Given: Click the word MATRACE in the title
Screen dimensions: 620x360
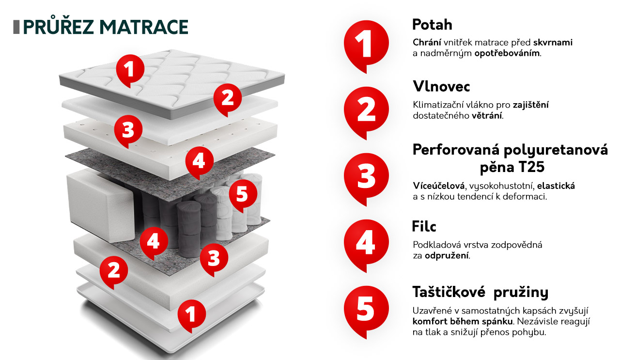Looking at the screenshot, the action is click(x=144, y=27).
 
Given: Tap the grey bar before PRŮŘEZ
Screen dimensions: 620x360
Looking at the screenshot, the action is click(x=16, y=27).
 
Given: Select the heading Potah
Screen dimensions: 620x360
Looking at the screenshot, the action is click(x=432, y=25).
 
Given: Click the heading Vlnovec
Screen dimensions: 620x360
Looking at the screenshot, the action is click(x=441, y=86).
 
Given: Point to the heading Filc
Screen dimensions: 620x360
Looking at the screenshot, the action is click(x=424, y=226).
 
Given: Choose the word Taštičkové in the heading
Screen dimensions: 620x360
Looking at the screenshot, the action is click(x=449, y=292).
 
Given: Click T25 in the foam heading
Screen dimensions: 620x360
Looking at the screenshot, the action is click(x=531, y=167).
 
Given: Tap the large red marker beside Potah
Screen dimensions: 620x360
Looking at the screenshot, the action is click(x=366, y=46).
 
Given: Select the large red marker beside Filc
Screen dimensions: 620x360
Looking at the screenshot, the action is click(x=366, y=246).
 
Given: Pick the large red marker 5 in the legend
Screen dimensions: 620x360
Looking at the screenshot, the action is click(x=366, y=312).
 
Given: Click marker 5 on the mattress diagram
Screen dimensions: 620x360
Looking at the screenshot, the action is click(x=243, y=195).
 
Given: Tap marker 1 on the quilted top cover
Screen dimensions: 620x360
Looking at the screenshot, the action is click(x=130, y=71).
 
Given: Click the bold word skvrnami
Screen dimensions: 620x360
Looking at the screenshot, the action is click(x=553, y=42).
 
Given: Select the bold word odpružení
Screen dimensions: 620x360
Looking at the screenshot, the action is click(x=447, y=256).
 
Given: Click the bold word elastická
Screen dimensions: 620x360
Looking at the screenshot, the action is click(x=556, y=186).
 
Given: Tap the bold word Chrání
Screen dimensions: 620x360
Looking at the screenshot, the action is click(x=427, y=42).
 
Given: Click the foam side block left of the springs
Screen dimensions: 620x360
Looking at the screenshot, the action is click(x=101, y=205).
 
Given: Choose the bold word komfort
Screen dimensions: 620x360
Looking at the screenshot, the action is click(x=430, y=321).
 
